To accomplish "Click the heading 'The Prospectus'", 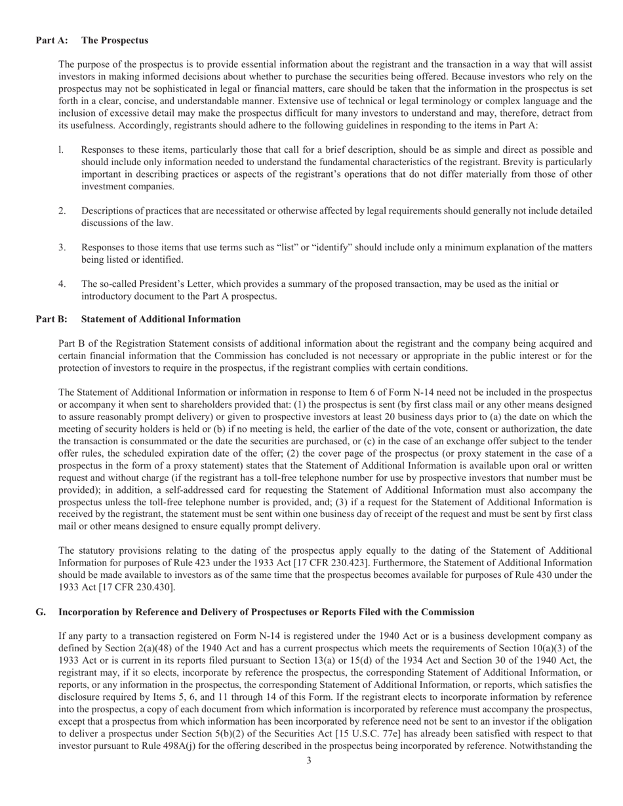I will pyautogui.click(x=115, y=41).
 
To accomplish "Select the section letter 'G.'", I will pyautogui.click(x=41, y=612).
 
